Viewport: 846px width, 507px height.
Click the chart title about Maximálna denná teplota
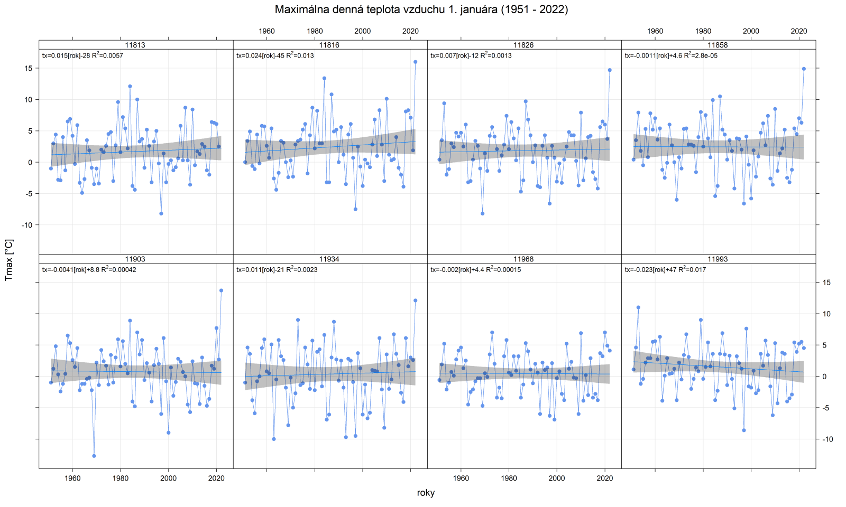tap(421, 10)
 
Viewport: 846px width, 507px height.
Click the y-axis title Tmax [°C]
tap(9, 259)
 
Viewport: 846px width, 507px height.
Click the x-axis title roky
tap(426, 493)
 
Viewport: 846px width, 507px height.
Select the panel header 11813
tap(135, 45)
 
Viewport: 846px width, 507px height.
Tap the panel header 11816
tap(329, 45)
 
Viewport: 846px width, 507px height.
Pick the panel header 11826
tap(523, 45)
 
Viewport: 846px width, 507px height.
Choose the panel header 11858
tap(718, 45)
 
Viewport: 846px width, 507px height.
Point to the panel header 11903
tap(135, 259)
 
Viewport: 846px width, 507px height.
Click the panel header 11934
tap(329, 259)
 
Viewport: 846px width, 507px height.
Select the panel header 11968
tap(523, 259)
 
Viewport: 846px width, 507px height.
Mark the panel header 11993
tap(718, 259)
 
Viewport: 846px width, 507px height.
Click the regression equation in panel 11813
tap(82, 55)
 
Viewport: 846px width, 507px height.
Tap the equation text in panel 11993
tap(665, 270)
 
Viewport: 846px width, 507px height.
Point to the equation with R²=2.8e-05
tap(671, 55)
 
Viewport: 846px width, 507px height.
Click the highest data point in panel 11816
tap(415, 62)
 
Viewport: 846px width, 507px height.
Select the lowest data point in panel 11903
tap(94, 456)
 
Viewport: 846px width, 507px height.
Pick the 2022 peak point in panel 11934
tap(415, 301)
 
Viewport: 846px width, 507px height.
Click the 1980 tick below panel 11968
tap(509, 478)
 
